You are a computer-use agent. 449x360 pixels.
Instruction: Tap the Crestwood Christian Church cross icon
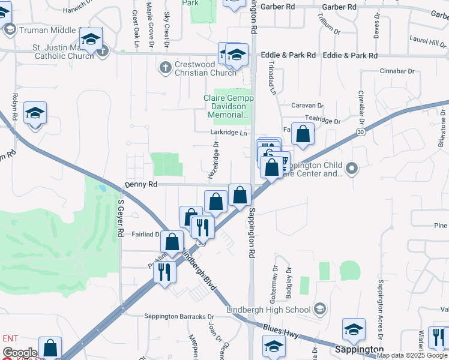[x=166, y=67]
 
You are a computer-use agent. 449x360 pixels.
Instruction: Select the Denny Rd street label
[x=140, y=185]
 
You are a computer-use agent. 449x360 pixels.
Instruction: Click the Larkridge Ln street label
[x=229, y=133]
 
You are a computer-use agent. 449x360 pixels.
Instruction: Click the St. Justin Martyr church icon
[x=102, y=50]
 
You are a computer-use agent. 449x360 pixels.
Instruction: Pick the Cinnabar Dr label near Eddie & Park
[x=397, y=71]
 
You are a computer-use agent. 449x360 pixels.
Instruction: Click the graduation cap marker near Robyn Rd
[x=35, y=113]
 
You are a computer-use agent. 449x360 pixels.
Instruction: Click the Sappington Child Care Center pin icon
[x=352, y=169]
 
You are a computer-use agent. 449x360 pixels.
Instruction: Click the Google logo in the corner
[x=19, y=353]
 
